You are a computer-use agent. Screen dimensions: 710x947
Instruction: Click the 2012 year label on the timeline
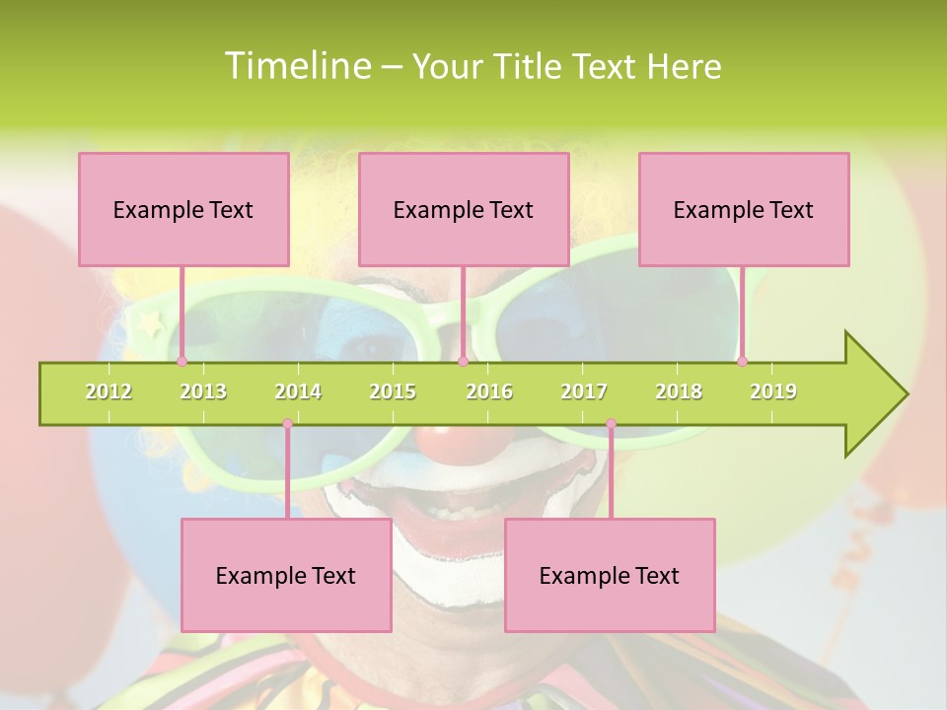pyautogui.click(x=109, y=391)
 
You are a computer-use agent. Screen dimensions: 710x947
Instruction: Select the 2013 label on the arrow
pyautogui.click(x=203, y=391)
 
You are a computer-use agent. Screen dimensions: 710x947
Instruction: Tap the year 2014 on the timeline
pyautogui.click(x=298, y=391)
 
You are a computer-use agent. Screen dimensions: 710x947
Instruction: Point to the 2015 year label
pyautogui.click(x=393, y=391)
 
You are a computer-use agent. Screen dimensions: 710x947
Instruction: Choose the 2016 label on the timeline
pyautogui.click(x=489, y=391)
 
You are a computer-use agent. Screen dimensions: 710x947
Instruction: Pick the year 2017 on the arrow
pyautogui.click(x=584, y=391)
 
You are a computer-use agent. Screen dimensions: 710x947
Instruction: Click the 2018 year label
pyautogui.click(x=679, y=391)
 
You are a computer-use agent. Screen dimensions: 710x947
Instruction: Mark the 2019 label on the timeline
pyautogui.click(x=773, y=391)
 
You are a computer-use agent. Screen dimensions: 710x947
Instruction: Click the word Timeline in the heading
pyautogui.click(x=297, y=66)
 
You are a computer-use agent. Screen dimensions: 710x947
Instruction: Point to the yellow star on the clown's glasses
pyautogui.click(x=151, y=322)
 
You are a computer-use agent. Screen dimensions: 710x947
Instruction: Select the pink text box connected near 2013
pyautogui.click(x=183, y=209)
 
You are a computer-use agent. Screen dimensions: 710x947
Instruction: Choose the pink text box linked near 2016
pyautogui.click(x=464, y=209)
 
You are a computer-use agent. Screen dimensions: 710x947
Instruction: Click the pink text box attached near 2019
pyautogui.click(x=744, y=209)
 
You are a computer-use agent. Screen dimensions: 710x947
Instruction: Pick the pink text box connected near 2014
pyautogui.click(x=286, y=575)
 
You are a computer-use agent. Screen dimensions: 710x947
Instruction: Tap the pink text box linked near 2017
pyautogui.click(x=610, y=575)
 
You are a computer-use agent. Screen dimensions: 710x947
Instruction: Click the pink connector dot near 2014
pyautogui.click(x=287, y=424)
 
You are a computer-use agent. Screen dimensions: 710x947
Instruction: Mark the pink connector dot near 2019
pyautogui.click(x=743, y=361)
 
